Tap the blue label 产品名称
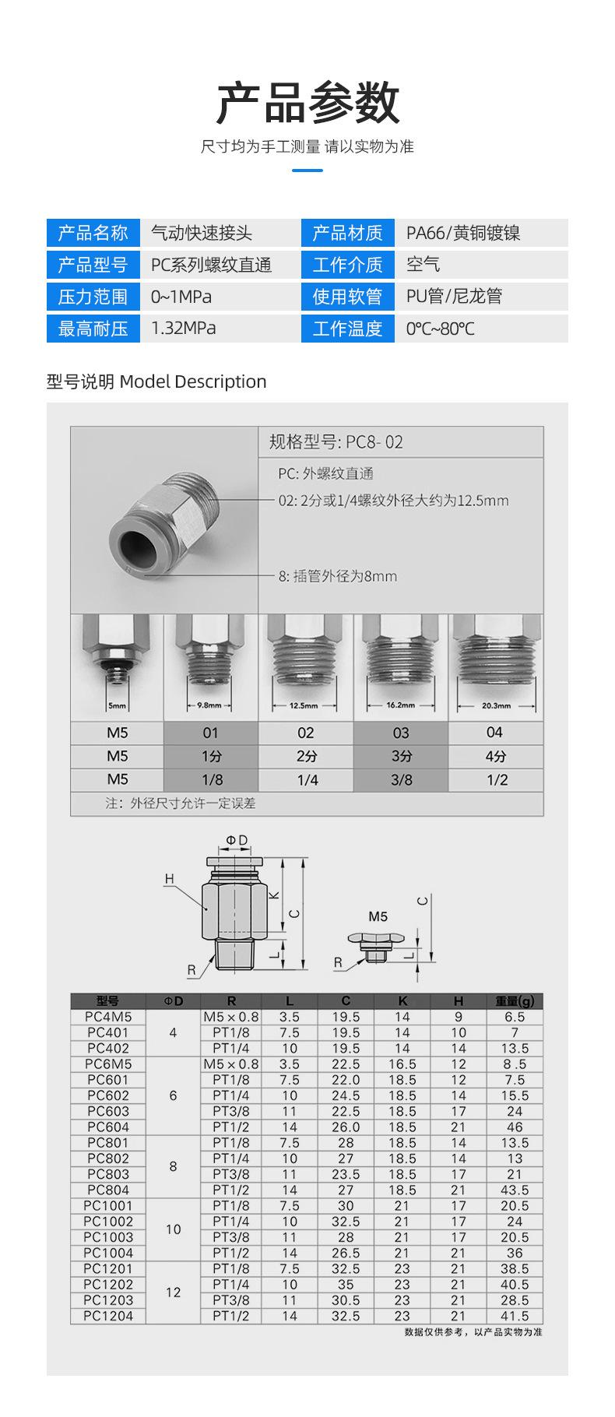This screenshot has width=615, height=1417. pyautogui.click(x=93, y=233)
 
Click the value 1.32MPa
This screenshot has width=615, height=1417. pyautogui.click(x=184, y=328)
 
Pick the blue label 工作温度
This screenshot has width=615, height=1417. pyautogui.click(x=347, y=329)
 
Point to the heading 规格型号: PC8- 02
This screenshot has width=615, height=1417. pyautogui.click(x=336, y=442)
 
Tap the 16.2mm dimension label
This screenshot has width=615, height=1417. pyautogui.click(x=401, y=705)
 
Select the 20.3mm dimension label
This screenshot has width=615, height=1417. pyautogui.click(x=496, y=706)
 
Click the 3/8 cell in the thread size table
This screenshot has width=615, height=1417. pyautogui.click(x=401, y=779)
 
